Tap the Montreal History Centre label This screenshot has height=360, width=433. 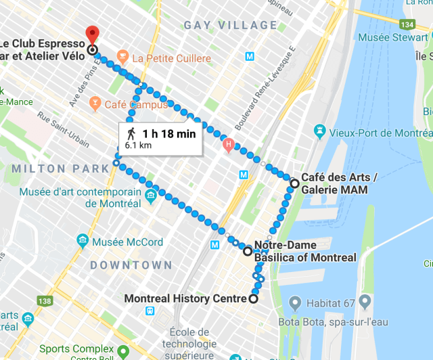[187, 298]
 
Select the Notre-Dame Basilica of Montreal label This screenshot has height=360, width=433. [304, 251]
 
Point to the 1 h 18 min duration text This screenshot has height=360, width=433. [169, 134]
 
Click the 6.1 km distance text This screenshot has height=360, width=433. [137, 145]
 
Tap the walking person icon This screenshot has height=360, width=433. [131, 134]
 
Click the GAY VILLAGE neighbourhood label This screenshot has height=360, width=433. [230, 26]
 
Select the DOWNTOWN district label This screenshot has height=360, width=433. [132, 265]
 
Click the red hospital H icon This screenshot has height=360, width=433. [229, 143]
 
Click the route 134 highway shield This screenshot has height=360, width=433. [407, 24]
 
